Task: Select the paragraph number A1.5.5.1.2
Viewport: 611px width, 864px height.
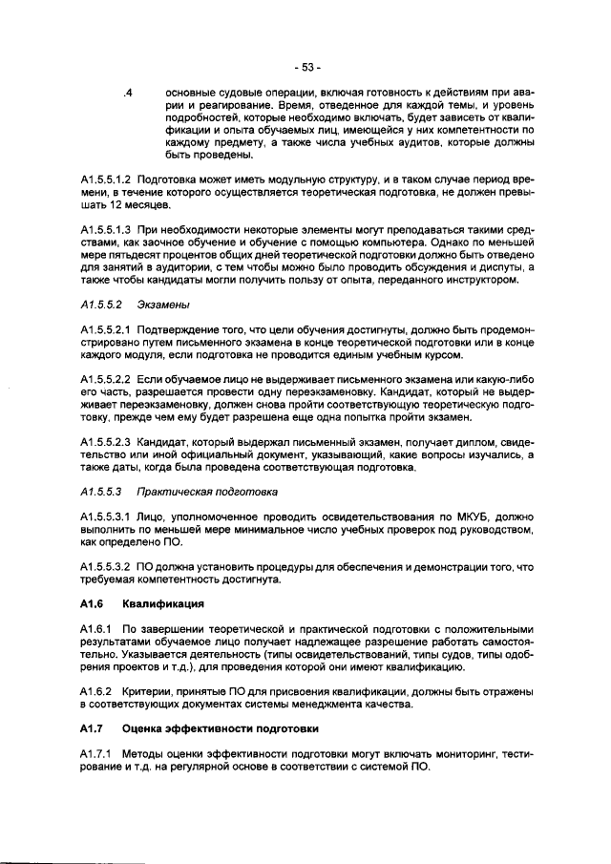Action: coord(105,179)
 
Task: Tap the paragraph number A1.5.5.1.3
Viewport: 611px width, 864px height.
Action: coord(105,232)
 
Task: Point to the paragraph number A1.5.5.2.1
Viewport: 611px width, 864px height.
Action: coord(105,330)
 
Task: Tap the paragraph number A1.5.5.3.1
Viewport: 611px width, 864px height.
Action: coord(105,516)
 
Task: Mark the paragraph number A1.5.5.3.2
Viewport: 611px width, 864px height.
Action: coord(105,567)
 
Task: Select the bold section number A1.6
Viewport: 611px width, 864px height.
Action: coord(92,604)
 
